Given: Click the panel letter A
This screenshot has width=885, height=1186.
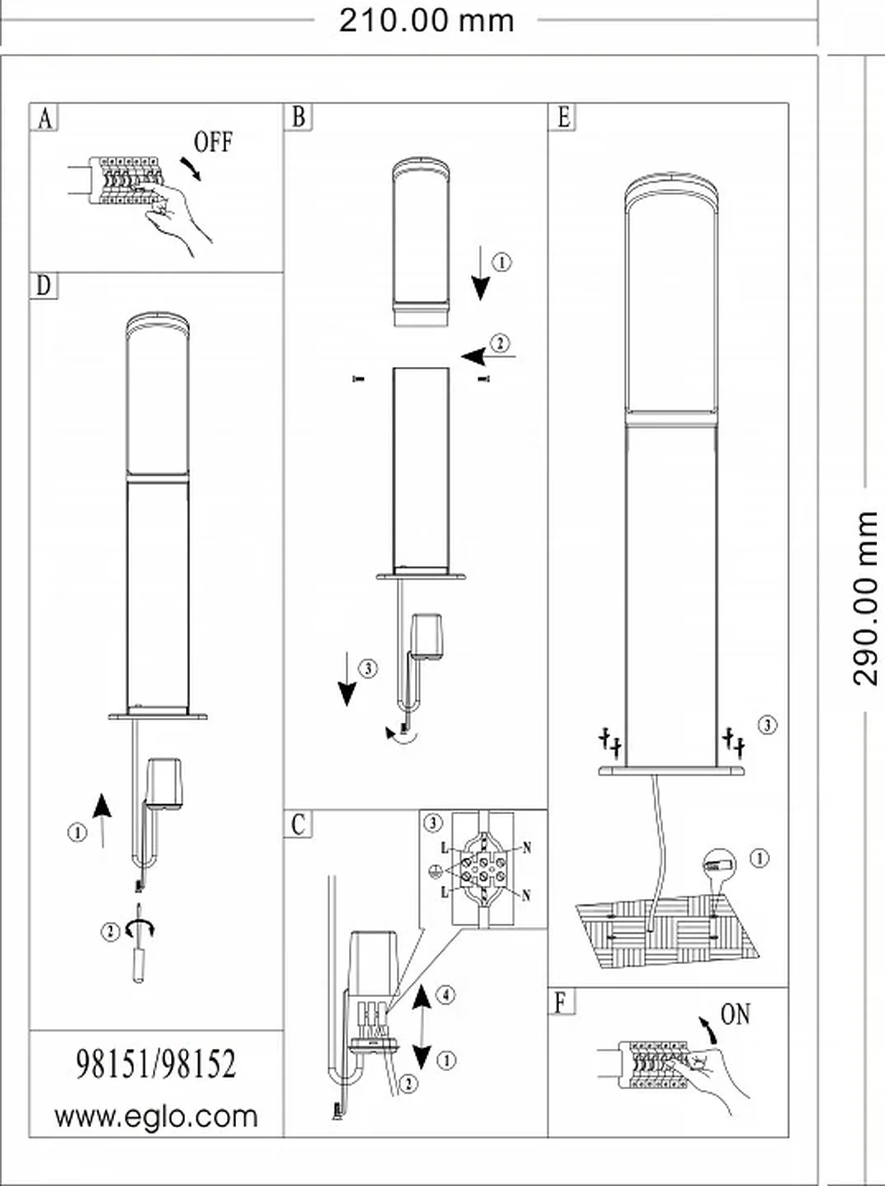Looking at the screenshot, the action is [x=45, y=118].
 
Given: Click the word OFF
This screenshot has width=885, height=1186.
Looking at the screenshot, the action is [x=213, y=142].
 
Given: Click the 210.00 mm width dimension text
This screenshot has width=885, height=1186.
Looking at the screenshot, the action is [x=427, y=21].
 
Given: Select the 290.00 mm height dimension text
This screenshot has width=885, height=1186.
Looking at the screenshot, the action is [x=864, y=598].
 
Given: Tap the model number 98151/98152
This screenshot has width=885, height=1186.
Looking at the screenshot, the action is [x=156, y=1064].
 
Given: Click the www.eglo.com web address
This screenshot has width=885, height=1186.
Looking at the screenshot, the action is [x=156, y=1117].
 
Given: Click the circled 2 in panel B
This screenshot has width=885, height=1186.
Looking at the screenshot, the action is [x=500, y=343].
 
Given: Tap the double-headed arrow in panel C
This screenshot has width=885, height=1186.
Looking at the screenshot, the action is [x=422, y=1026].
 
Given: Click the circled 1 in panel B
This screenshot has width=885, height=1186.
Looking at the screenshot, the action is [x=502, y=262].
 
